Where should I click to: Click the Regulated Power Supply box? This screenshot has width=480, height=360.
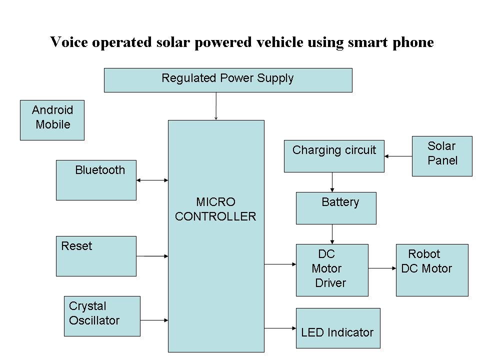pyautogui.click(x=228, y=80)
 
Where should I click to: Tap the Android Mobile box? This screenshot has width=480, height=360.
pyautogui.click(x=52, y=120)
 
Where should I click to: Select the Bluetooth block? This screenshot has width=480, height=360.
pyautogui.click(x=96, y=180)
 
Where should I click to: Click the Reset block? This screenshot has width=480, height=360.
pyautogui.click(x=96, y=256)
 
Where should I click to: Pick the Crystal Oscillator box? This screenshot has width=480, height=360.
pyautogui.click(x=102, y=316)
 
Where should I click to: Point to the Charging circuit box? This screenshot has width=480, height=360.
pyautogui.click(x=334, y=156)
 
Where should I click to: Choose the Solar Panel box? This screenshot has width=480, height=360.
pyautogui.click(x=442, y=156)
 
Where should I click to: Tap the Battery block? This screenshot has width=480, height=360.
pyautogui.click(x=336, y=208)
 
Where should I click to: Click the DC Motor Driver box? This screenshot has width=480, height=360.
pyautogui.click(x=332, y=270)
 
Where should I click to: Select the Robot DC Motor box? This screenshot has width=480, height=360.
pyautogui.click(x=432, y=270)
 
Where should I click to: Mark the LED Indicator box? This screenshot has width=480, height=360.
pyautogui.click(x=338, y=328)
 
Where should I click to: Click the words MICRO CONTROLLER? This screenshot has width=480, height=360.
pyautogui.click(x=215, y=209)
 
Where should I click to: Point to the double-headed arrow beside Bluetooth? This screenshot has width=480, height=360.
pyautogui.click(x=152, y=180)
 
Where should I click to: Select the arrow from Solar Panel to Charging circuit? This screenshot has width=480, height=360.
pyautogui.click(x=398, y=156)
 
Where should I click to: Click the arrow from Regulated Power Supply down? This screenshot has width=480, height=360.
pyautogui.click(x=216, y=106)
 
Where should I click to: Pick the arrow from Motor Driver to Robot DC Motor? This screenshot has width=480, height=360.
pyautogui.click(x=382, y=268)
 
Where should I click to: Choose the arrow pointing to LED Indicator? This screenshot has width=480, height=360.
pyautogui.click(x=280, y=328)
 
